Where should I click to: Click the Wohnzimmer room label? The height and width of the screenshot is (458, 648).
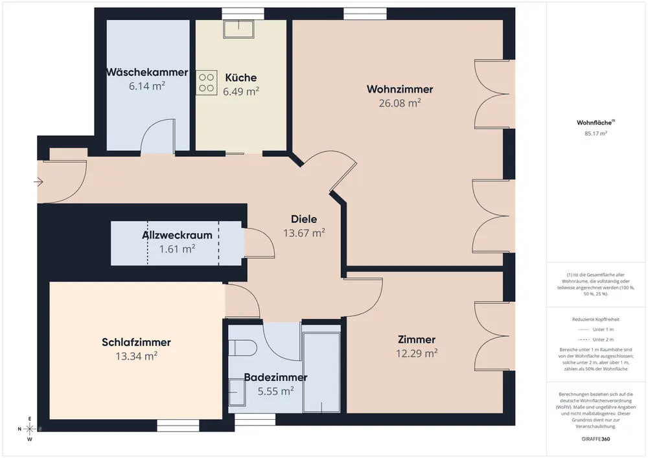400,89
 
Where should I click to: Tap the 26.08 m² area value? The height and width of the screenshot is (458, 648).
400,103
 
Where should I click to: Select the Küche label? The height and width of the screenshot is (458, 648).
241,78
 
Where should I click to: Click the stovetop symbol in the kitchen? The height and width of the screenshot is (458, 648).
206,83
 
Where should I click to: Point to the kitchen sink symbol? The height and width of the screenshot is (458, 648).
239,29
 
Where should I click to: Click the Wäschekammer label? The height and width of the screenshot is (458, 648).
147,73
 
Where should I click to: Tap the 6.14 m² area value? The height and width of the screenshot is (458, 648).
147,86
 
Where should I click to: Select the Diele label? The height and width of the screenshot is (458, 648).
304,220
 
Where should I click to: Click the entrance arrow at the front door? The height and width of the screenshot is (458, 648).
38,182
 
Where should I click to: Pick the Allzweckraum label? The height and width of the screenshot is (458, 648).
178,235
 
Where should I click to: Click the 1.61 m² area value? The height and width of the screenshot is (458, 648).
178,249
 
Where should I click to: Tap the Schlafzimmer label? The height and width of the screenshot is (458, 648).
136,342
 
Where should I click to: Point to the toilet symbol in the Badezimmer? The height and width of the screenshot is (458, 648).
244,348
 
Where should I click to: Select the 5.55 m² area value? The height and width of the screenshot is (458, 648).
275,391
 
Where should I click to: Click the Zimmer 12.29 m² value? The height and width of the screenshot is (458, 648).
417,354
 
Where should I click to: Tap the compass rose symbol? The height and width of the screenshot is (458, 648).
30,429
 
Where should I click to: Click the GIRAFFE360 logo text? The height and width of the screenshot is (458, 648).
596,439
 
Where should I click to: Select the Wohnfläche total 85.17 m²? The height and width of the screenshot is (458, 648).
596,133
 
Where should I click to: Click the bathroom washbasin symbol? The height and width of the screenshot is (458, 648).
237,392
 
